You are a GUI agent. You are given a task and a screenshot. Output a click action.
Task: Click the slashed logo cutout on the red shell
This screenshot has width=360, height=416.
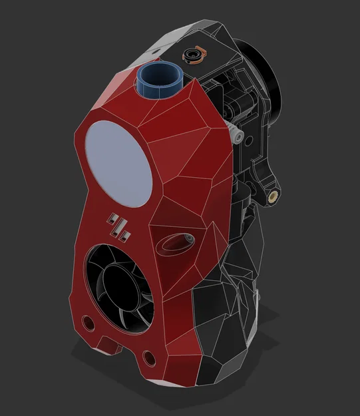pos(121,226)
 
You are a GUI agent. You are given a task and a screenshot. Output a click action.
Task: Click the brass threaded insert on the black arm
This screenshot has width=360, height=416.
pos(272,196)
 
